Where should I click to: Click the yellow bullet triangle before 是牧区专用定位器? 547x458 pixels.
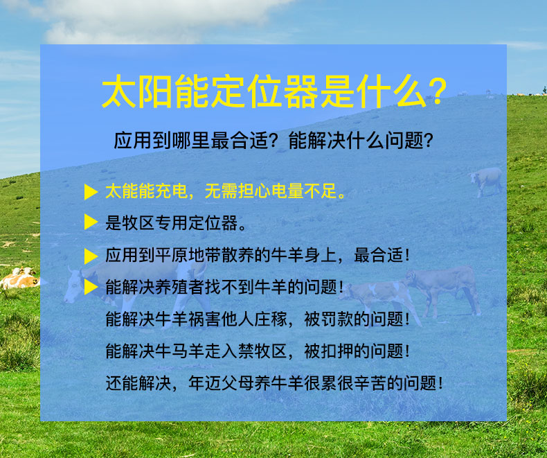coord(91,222)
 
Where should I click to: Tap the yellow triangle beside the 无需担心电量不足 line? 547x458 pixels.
coord(91,191)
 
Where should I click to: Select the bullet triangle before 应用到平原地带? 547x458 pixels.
coord(91,256)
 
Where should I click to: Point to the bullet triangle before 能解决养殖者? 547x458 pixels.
coord(91,287)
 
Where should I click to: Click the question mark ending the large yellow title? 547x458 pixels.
coord(437,92)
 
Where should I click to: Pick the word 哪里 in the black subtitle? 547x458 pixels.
coord(192,141)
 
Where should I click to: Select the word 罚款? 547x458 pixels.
coord(337,319)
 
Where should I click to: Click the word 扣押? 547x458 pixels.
coord(337,351)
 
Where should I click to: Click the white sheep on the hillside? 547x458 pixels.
coord(486,181)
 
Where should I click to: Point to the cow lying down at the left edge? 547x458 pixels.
coord(19,278)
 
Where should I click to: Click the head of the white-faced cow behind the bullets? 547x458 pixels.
coord(73,285)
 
